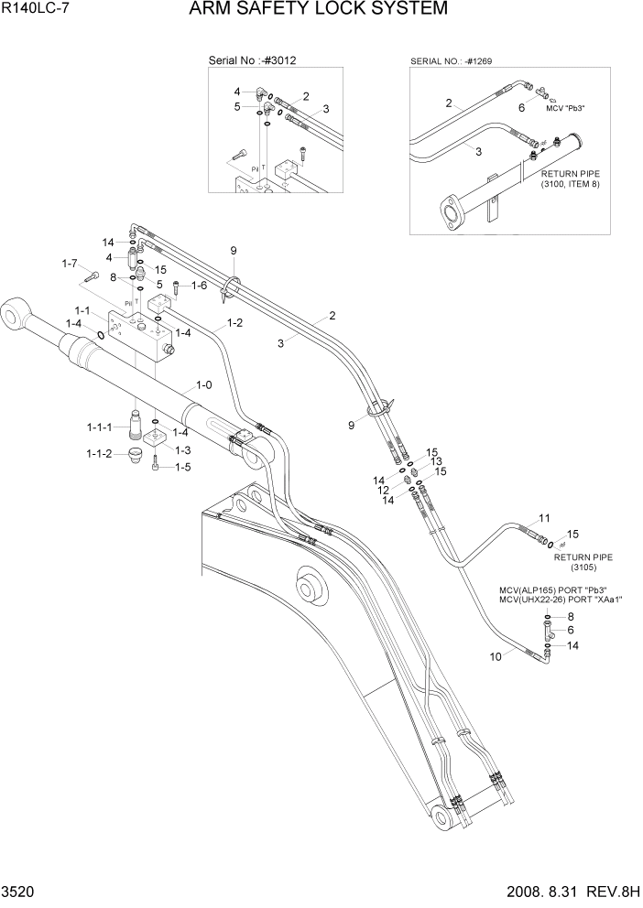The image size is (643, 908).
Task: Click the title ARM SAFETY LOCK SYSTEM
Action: click(x=319, y=10)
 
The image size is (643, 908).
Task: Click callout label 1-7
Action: click(x=70, y=264)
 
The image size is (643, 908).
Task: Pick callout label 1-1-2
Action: click(x=100, y=454)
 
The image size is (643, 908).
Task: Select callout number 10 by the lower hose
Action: click(x=496, y=656)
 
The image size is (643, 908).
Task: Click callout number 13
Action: click(x=437, y=461)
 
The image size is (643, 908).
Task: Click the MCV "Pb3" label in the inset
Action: click(x=565, y=108)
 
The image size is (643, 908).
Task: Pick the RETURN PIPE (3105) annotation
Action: click(x=583, y=561)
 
